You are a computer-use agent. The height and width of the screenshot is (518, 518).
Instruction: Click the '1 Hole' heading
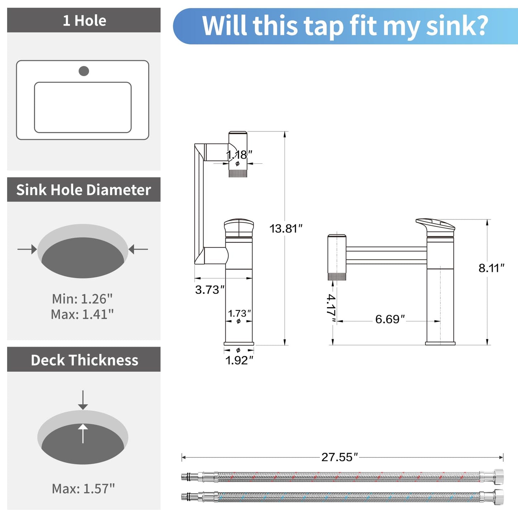(x=84, y=20)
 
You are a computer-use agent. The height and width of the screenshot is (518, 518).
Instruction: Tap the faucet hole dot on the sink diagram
(x=84, y=71)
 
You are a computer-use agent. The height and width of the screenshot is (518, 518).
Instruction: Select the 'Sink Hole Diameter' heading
(x=84, y=190)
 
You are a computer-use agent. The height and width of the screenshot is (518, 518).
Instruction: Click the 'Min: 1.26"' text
(x=82, y=299)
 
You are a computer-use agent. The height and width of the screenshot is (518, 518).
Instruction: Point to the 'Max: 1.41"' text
(x=82, y=314)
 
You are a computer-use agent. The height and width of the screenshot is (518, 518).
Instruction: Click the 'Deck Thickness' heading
(x=84, y=360)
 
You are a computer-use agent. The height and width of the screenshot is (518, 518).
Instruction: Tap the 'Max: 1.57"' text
(x=83, y=489)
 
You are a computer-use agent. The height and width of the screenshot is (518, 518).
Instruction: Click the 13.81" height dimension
(x=286, y=228)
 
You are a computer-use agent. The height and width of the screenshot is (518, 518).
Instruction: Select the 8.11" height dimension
(x=491, y=268)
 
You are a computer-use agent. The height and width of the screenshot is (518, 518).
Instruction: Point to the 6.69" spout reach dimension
(x=390, y=319)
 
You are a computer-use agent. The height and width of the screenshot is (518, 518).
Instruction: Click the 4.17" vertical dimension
(x=331, y=305)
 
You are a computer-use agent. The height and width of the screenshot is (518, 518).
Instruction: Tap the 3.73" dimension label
(x=210, y=290)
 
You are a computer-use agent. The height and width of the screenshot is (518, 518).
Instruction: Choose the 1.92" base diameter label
(x=239, y=360)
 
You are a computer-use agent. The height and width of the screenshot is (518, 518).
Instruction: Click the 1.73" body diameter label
(x=239, y=313)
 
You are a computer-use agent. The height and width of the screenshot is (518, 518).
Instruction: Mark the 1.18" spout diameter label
(x=239, y=155)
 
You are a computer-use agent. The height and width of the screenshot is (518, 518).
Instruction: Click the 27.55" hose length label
(x=339, y=457)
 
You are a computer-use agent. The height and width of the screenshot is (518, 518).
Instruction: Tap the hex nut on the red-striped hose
(x=498, y=476)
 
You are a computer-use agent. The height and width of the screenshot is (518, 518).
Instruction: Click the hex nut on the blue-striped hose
(x=498, y=496)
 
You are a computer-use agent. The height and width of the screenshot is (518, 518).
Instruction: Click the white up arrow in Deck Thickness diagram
(x=83, y=433)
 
